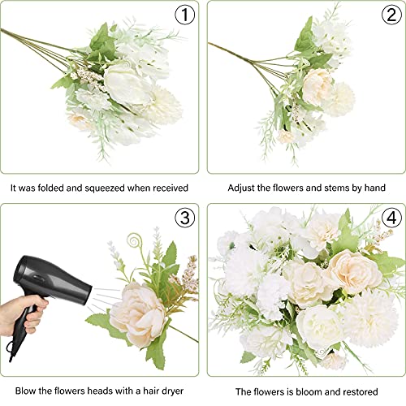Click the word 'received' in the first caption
tap(170, 188)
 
